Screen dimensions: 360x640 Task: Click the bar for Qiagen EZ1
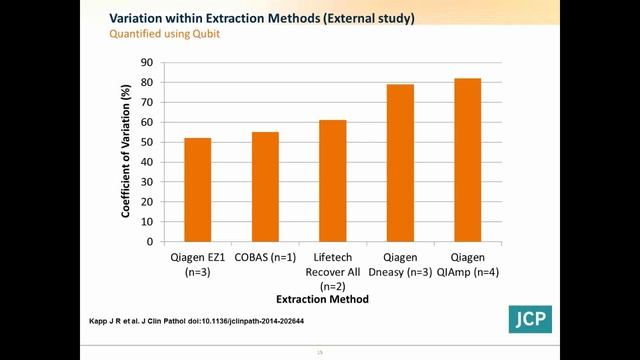click(x=197, y=189)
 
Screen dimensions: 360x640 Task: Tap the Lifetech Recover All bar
click(x=333, y=180)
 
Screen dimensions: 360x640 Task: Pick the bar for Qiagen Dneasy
click(x=400, y=162)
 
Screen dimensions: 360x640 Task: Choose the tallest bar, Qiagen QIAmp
click(x=467, y=159)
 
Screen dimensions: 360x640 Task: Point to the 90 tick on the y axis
click(x=147, y=62)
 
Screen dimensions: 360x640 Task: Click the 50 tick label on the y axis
click(x=147, y=142)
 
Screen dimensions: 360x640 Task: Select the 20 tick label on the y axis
click(x=147, y=201)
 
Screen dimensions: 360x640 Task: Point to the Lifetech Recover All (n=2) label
click(x=333, y=271)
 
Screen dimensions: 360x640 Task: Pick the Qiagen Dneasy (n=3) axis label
click(x=400, y=264)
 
